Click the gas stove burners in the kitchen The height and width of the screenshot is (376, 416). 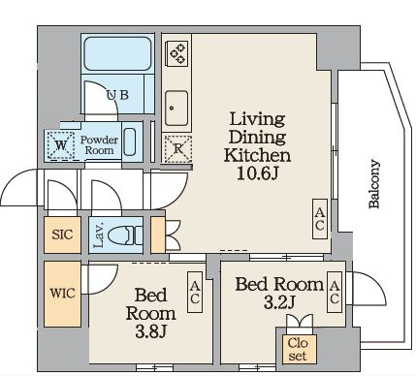pyautogui.click(x=177, y=52)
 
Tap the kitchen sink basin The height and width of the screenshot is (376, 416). pyautogui.click(x=176, y=109)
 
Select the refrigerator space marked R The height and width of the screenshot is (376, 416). pyautogui.click(x=177, y=149)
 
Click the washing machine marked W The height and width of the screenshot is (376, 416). pyautogui.click(x=60, y=145)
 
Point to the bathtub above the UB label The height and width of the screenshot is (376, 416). pyautogui.click(x=117, y=54)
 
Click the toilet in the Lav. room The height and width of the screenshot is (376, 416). pyautogui.click(x=124, y=235)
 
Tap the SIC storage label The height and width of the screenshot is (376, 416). pyautogui.click(x=62, y=235)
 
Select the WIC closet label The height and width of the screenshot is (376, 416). pyautogui.click(x=62, y=294)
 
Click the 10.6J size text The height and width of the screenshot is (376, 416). pyautogui.click(x=258, y=173)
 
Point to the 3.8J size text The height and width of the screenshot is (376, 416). pyautogui.click(x=151, y=331)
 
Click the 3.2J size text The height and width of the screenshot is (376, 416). pyautogui.click(x=279, y=302)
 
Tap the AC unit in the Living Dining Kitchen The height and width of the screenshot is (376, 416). pyautogui.click(x=320, y=219)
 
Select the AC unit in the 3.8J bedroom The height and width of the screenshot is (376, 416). pyautogui.click(x=195, y=292)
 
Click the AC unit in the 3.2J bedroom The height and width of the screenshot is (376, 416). pyautogui.click(x=335, y=292)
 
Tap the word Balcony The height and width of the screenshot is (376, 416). pyautogui.click(x=374, y=183)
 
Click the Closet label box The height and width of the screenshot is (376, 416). pyautogui.click(x=298, y=349)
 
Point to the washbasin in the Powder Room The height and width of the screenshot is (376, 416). pyautogui.click(x=130, y=142)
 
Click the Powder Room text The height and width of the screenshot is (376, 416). pyautogui.click(x=99, y=145)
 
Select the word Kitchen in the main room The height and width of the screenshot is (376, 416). pyautogui.click(x=257, y=155)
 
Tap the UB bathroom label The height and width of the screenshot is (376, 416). pyautogui.click(x=117, y=95)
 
